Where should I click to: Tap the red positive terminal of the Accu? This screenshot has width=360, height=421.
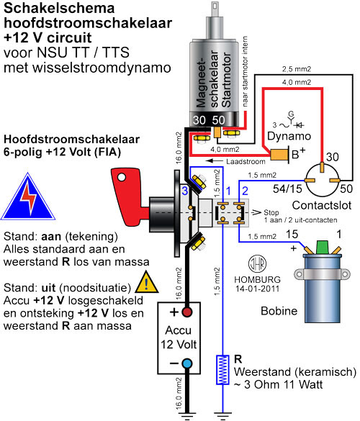point(187,312)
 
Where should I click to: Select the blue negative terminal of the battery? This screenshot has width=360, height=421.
point(187,363)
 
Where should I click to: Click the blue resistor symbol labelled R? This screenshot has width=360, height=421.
point(222,370)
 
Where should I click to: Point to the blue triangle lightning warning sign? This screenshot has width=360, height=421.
point(28,196)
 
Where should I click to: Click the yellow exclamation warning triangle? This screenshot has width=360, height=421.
point(146,282)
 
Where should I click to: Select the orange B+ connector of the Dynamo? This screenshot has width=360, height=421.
point(279,155)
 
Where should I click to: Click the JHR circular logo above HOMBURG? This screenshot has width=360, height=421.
point(257,264)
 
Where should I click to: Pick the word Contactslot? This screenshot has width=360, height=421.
point(322,205)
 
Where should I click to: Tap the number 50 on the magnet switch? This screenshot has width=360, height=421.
point(218,120)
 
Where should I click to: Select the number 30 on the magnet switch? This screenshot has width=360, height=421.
point(199,120)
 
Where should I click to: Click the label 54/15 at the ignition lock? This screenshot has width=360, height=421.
point(287,189)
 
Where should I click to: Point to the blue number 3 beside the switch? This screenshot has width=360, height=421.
point(185,191)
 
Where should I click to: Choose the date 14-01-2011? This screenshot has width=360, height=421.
point(257,289)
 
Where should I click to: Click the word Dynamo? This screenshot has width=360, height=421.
point(289,136)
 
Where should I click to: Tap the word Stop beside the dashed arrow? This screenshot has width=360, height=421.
point(271,212)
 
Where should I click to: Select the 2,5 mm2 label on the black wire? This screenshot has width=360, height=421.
point(297,69)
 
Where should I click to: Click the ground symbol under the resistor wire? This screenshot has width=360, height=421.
point(222,417)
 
